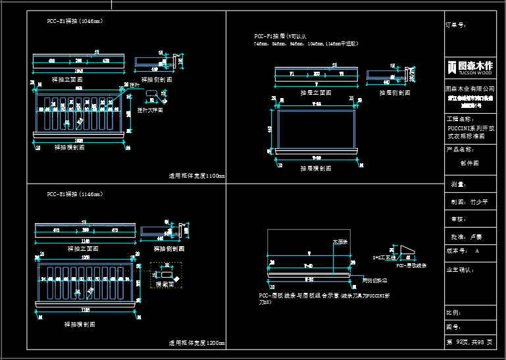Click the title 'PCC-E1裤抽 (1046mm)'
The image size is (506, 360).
pos(74,21)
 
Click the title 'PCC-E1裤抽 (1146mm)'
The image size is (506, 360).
pos(74,194)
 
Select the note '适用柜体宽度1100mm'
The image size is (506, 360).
pos(197,176)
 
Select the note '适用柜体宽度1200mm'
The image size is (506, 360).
pos(197,344)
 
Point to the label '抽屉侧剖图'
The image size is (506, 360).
pos(395,93)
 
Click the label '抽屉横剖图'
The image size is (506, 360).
pos(314,168)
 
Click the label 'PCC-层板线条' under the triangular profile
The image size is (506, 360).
pos(411,266)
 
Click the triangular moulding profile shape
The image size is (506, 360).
pos(407,253)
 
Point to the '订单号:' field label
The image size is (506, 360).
pos(456,25)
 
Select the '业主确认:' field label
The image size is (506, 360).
pos(461,269)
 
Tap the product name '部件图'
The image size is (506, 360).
pos(470,163)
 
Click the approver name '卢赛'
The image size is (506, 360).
pos(476,236)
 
